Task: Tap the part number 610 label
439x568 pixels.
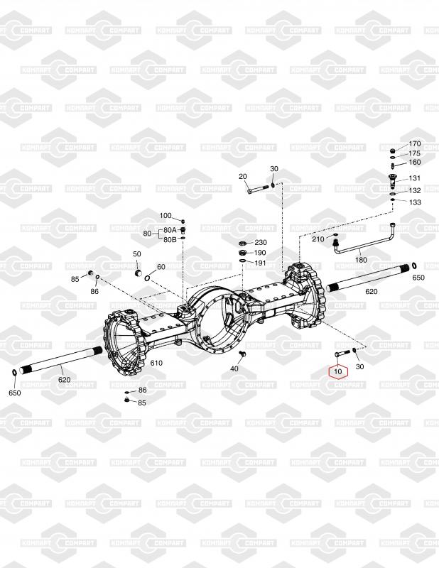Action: point(156,363)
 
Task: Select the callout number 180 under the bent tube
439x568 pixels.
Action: point(361,260)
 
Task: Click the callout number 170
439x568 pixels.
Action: point(415,144)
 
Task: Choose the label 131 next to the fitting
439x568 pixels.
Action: point(415,178)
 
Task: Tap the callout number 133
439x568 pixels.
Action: point(415,202)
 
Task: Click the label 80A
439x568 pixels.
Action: point(170,230)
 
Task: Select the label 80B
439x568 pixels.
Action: point(170,239)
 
